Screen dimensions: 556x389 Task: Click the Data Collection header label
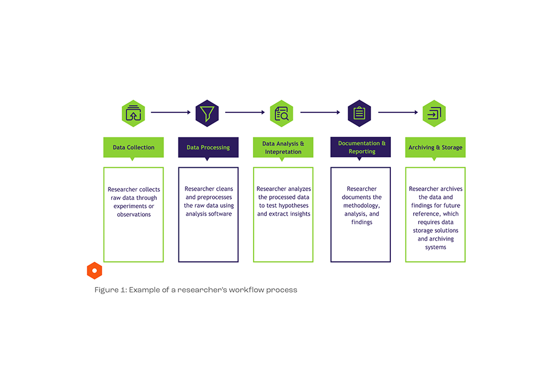coord(133,147)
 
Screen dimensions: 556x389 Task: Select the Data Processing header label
coord(208,147)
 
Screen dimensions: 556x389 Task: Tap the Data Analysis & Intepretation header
coord(283,147)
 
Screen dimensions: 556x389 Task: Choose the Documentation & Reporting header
coord(361,147)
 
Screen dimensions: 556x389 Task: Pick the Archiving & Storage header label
coord(435,147)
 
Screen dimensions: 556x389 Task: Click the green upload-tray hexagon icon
coord(133,113)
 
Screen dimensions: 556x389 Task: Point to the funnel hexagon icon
coord(207,113)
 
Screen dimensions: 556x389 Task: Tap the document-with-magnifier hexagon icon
coord(281,113)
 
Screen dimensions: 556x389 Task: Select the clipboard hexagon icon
coord(359,113)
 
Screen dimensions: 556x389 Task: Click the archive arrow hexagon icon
coord(434,113)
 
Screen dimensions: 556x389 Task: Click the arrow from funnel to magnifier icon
coord(245,112)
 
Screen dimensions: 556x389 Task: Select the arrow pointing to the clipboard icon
coord(320,112)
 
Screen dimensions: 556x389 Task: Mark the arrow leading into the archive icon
coord(398,112)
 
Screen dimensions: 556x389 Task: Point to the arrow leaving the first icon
coord(171,112)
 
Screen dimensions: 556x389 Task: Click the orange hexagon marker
coord(95,271)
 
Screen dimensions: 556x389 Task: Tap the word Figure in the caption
coord(106,290)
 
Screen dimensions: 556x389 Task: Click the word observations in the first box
coord(133,215)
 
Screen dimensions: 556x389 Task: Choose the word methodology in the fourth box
coord(361,206)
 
